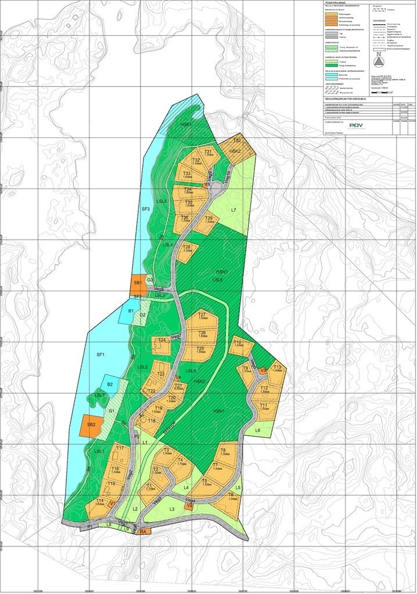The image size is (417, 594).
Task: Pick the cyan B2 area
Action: tap(110, 384)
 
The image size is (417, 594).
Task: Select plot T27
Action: tap(203, 316)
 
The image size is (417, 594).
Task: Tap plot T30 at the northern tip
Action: tap(236, 141)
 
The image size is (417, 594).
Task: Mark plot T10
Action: tap(238, 344)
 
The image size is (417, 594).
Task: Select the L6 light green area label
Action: tap(257, 430)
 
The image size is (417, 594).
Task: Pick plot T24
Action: tap(162, 342)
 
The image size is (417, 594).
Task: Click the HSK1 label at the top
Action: tap(186, 124)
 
